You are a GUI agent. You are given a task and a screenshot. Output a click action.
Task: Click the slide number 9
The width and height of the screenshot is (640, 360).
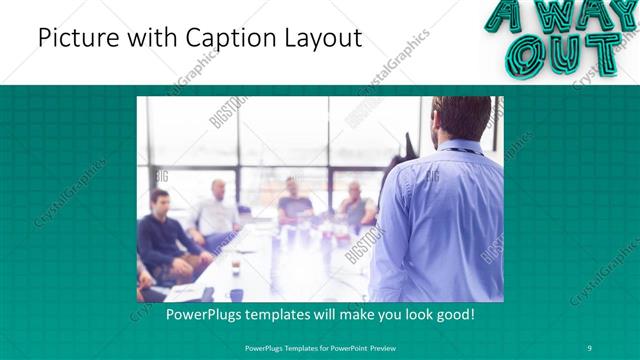[x=590, y=347]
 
